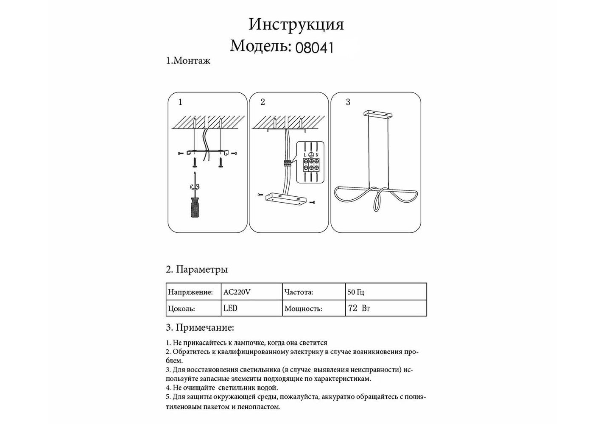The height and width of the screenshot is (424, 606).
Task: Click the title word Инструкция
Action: point(296,25)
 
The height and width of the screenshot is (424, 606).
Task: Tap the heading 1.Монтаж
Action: point(188,61)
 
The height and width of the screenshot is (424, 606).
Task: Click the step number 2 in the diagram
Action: point(263,102)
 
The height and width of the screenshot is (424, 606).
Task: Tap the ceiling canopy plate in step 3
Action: point(377,114)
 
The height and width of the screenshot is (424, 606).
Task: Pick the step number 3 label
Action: point(348,102)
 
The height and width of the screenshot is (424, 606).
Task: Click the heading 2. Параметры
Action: point(196,270)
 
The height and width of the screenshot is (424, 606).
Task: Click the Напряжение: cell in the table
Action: point(190,292)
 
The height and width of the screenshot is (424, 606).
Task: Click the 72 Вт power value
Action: point(359,308)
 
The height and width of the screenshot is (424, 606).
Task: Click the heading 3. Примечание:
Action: point(200,328)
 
